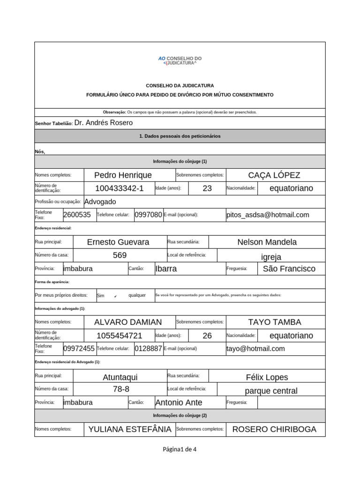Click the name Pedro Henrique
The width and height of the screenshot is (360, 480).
[x=123, y=175]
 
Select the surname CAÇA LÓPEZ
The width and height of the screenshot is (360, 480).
[x=274, y=175]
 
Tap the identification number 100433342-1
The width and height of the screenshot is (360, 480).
[x=119, y=188]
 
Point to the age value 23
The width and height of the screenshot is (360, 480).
[x=207, y=188]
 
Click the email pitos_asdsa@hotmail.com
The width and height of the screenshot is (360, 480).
[x=268, y=215]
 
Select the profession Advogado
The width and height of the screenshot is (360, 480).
[x=100, y=202]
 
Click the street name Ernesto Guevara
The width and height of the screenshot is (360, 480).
[x=118, y=242]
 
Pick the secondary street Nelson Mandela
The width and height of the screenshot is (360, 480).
[x=267, y=242]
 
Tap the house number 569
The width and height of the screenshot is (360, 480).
[x=120, y=255]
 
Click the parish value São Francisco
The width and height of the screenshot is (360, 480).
[x=289, y=269]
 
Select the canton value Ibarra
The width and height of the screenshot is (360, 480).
[x=166, y=269]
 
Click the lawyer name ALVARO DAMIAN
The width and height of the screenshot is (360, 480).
[x=128, y=322]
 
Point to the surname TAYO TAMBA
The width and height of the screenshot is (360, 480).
[x=274, y=322]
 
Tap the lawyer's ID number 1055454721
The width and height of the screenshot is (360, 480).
[x=119, y=336]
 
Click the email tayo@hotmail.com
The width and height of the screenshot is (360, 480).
[x=255, y=349]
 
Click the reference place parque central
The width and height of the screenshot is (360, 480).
[x=271, y=391]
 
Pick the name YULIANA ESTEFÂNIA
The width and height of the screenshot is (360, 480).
[x=130, y=429]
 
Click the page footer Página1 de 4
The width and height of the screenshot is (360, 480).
[x=180, y=449]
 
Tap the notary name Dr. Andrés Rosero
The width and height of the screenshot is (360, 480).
[x=104, y=123]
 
